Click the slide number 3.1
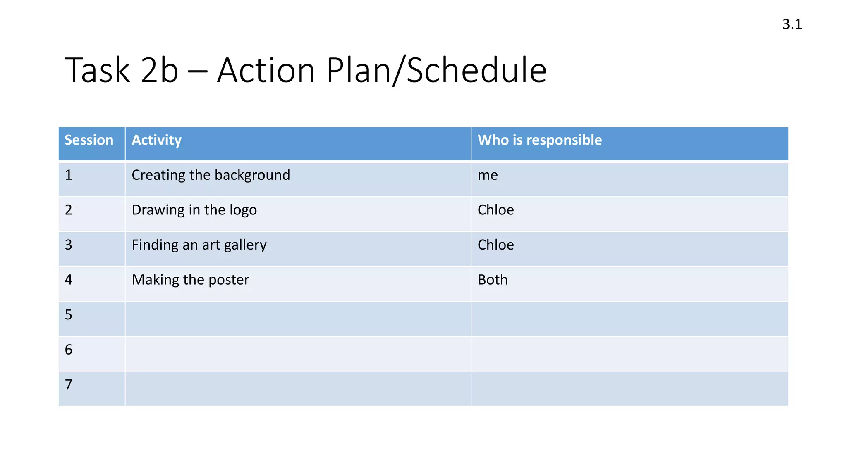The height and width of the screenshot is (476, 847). click(792, 24)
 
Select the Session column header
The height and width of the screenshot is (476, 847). click(89, 140)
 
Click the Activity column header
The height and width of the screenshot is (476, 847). click(156, 140)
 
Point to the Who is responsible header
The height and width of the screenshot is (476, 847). click(540, 140)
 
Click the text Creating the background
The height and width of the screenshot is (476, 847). click(211, 175)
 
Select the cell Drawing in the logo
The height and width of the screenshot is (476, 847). click(194, 210)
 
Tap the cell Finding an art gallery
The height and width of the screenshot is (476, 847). click(199, 245)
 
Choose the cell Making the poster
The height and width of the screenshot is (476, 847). click(190, 280)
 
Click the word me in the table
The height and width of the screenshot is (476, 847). click(488, 175)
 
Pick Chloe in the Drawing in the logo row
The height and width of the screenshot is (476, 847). click(495, 210)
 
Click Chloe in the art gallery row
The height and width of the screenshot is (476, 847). click(495, 245)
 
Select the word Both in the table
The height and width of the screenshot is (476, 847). click(493, 280)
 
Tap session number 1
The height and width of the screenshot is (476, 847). click(69, 175)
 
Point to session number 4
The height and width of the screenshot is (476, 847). click(69, 280)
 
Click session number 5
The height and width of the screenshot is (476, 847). click(69, 315)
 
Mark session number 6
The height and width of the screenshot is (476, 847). click(69, 350)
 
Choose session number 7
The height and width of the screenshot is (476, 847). click(69, 385)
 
